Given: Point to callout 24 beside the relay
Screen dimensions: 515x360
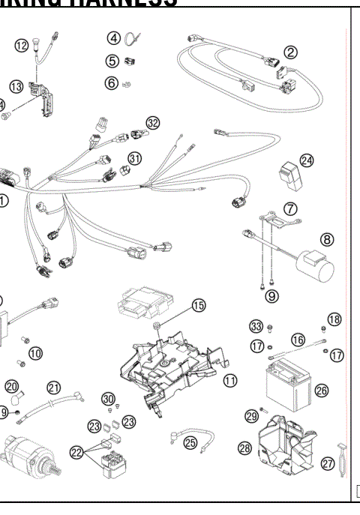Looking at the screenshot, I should tap(306, 160).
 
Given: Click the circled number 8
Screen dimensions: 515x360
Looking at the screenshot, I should tap(327, 239).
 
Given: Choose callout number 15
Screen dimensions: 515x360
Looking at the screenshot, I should tap(198, 305).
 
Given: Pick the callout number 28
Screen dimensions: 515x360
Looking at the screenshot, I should tap(245, 448).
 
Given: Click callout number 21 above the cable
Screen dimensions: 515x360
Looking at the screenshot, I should tap(53, 387).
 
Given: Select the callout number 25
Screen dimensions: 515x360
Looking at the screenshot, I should tap(191, 442).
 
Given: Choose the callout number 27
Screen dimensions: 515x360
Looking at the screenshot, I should tap(328, 464).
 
